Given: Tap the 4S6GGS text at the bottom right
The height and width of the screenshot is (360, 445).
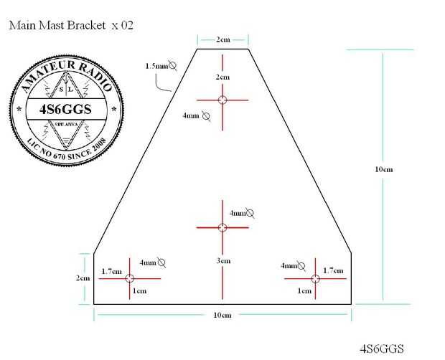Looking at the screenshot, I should pos(381,349).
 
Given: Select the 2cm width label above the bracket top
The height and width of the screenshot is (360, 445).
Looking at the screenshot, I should pos(222,39).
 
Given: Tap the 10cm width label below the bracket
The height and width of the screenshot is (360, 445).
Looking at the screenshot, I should pos(222,315).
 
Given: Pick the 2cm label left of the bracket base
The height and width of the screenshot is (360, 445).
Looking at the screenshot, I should pos(83,278).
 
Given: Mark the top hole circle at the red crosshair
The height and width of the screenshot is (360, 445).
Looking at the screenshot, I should pos(222,100).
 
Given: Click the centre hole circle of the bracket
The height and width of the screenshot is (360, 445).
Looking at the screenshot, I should pos(222,227).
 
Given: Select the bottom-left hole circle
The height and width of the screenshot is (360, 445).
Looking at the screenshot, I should pos(129,278).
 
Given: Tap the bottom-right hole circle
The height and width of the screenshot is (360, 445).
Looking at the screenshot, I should pos(315,278).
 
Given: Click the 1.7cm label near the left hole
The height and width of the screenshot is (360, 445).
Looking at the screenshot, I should pos(111,271).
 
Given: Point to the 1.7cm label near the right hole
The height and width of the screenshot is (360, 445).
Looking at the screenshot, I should pos(333,270).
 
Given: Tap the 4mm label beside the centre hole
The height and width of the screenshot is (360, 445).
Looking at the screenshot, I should pos(240,213).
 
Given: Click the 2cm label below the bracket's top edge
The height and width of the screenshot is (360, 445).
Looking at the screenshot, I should pos(222,77).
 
